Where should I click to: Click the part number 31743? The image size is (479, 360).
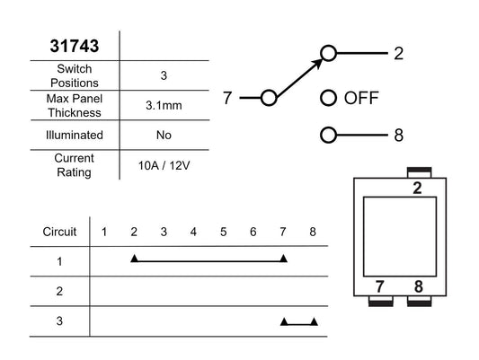[75, 46]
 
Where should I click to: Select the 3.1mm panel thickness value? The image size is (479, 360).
[164, 106]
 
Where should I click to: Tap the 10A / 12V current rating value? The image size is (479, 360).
[164, 166]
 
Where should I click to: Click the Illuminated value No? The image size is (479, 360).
[164, 136]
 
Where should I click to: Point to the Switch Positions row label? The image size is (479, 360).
[75, 75]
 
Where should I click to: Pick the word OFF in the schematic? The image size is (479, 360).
[361, 98]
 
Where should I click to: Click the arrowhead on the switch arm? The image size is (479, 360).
[317, 63]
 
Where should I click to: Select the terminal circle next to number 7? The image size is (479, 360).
[269, 98]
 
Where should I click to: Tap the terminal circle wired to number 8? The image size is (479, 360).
[328, 135]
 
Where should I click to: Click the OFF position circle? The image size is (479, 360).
[328, 98]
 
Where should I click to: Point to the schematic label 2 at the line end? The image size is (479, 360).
[398, 53]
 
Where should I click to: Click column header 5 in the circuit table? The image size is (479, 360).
[223, 232]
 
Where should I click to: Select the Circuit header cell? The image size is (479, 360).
[59, 232]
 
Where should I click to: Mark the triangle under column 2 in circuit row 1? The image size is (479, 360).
[135, 259]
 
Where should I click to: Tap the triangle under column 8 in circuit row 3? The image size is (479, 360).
[314, 321]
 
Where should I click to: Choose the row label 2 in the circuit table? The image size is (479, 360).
[59, 291]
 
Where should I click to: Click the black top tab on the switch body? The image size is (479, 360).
[420, 170]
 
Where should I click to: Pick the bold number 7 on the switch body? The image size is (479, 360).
[379, 286]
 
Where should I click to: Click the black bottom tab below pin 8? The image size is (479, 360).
[420, 303]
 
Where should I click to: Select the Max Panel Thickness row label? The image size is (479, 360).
[75, 106]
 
